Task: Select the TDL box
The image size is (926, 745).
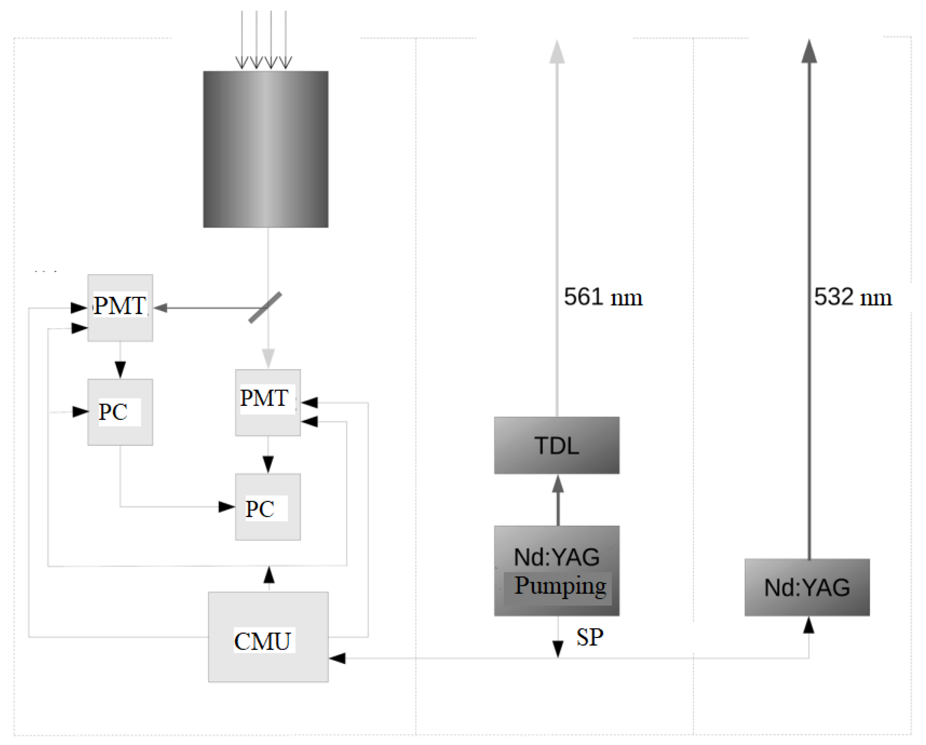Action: point(557,445)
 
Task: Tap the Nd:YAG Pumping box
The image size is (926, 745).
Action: point(557,571)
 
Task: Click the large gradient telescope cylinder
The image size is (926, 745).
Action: point(265,149)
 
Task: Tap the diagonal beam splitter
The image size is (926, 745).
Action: point(265,307)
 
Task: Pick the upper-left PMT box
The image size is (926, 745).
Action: point(120,307)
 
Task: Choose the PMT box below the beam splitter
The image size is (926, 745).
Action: point(268,402)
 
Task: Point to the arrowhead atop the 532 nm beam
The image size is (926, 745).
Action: point(809,52)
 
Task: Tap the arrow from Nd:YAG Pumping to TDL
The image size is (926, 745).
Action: point(558,500)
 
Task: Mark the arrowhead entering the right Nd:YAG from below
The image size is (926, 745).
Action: point(809,625)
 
